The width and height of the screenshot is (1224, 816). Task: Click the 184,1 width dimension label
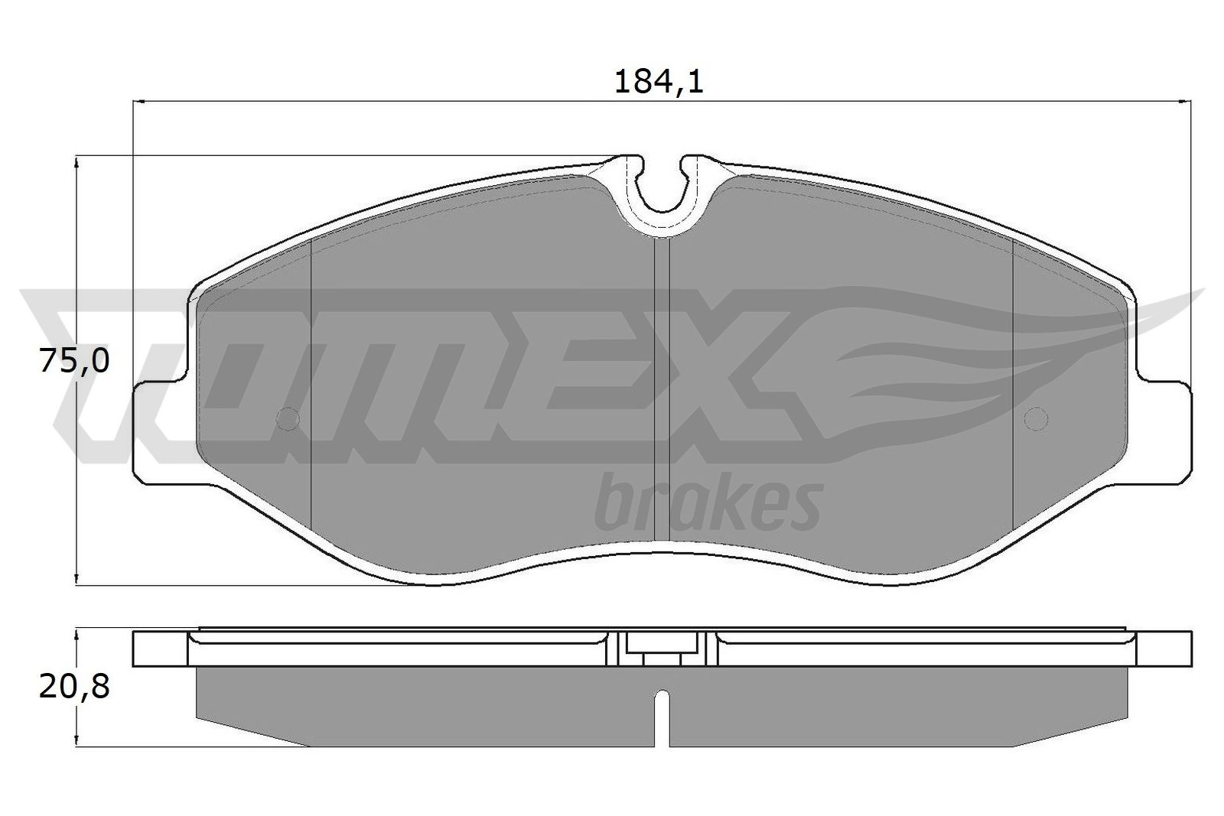pyautogui.click(x=659, y=81)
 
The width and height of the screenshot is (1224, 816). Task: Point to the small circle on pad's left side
pyautogui.click(x=288, y=418)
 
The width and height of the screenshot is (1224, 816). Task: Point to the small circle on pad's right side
pyautogui.click(x=1035, y=418)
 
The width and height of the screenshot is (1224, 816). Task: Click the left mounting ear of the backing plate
pyautogui.click(x=161, y=432)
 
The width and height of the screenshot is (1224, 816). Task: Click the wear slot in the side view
pyautogui.click(x=663, y=715)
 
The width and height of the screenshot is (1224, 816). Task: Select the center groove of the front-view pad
pyautogui.click(x=662, y=382)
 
